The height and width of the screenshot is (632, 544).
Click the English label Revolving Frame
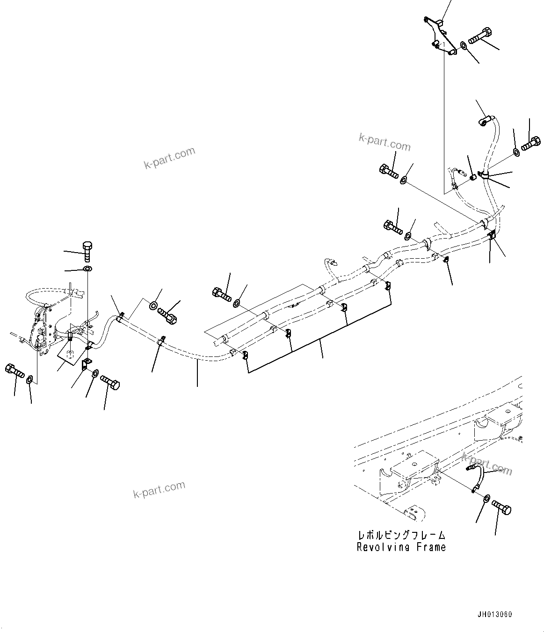[x=401, y=547]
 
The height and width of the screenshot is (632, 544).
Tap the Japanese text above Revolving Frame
[x=401, y=535]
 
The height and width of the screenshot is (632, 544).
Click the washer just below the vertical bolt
[x=87, y=269]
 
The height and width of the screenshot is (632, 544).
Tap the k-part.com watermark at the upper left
[x=169, y=158]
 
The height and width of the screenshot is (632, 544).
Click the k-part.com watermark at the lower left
[x=159, y=489]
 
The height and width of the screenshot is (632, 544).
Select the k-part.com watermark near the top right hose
[x=384, y=141]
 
